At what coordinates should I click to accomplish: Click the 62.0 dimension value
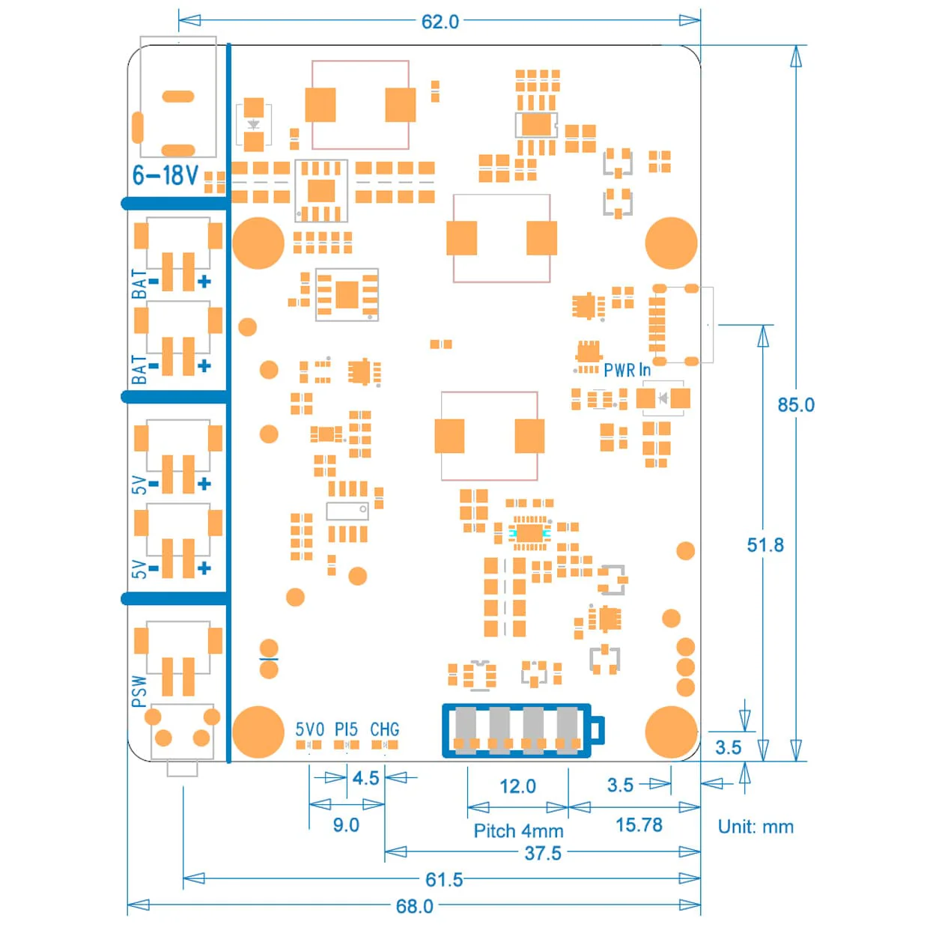440,22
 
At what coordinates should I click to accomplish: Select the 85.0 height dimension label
795,405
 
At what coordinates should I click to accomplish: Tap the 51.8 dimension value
765,545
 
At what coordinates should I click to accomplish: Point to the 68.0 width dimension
414,906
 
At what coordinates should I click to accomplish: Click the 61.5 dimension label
444,879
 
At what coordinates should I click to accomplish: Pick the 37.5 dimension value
543,853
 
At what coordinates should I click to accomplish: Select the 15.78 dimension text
639,825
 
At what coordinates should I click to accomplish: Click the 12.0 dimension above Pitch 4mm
517,786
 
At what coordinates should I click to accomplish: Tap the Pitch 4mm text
518,831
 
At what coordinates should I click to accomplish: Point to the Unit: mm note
755,827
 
